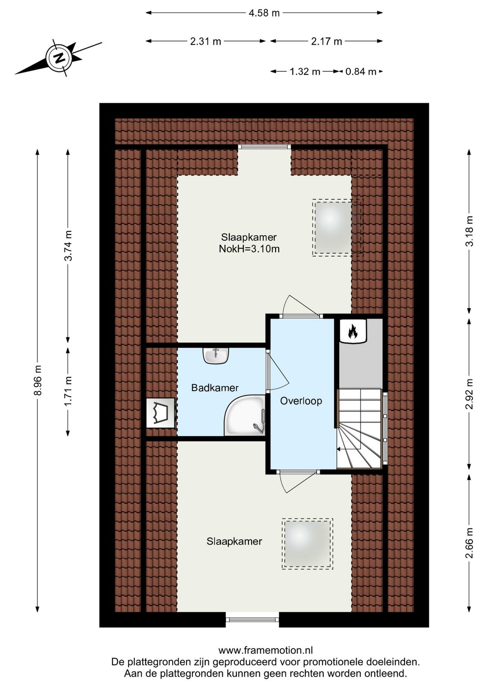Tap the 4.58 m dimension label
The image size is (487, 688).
click(264, 13)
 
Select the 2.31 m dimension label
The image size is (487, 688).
click(206, 41)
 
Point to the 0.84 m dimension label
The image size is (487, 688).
click(361, 72)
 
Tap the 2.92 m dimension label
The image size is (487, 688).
click(469, 394)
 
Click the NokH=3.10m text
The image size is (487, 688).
click(249, 248)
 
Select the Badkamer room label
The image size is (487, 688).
click(215, 388)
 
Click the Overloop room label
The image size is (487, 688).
click(301, 401)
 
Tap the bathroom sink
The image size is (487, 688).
click(216, 356)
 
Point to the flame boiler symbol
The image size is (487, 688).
click(353, 330)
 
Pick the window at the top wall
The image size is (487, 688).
click(265, 147)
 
